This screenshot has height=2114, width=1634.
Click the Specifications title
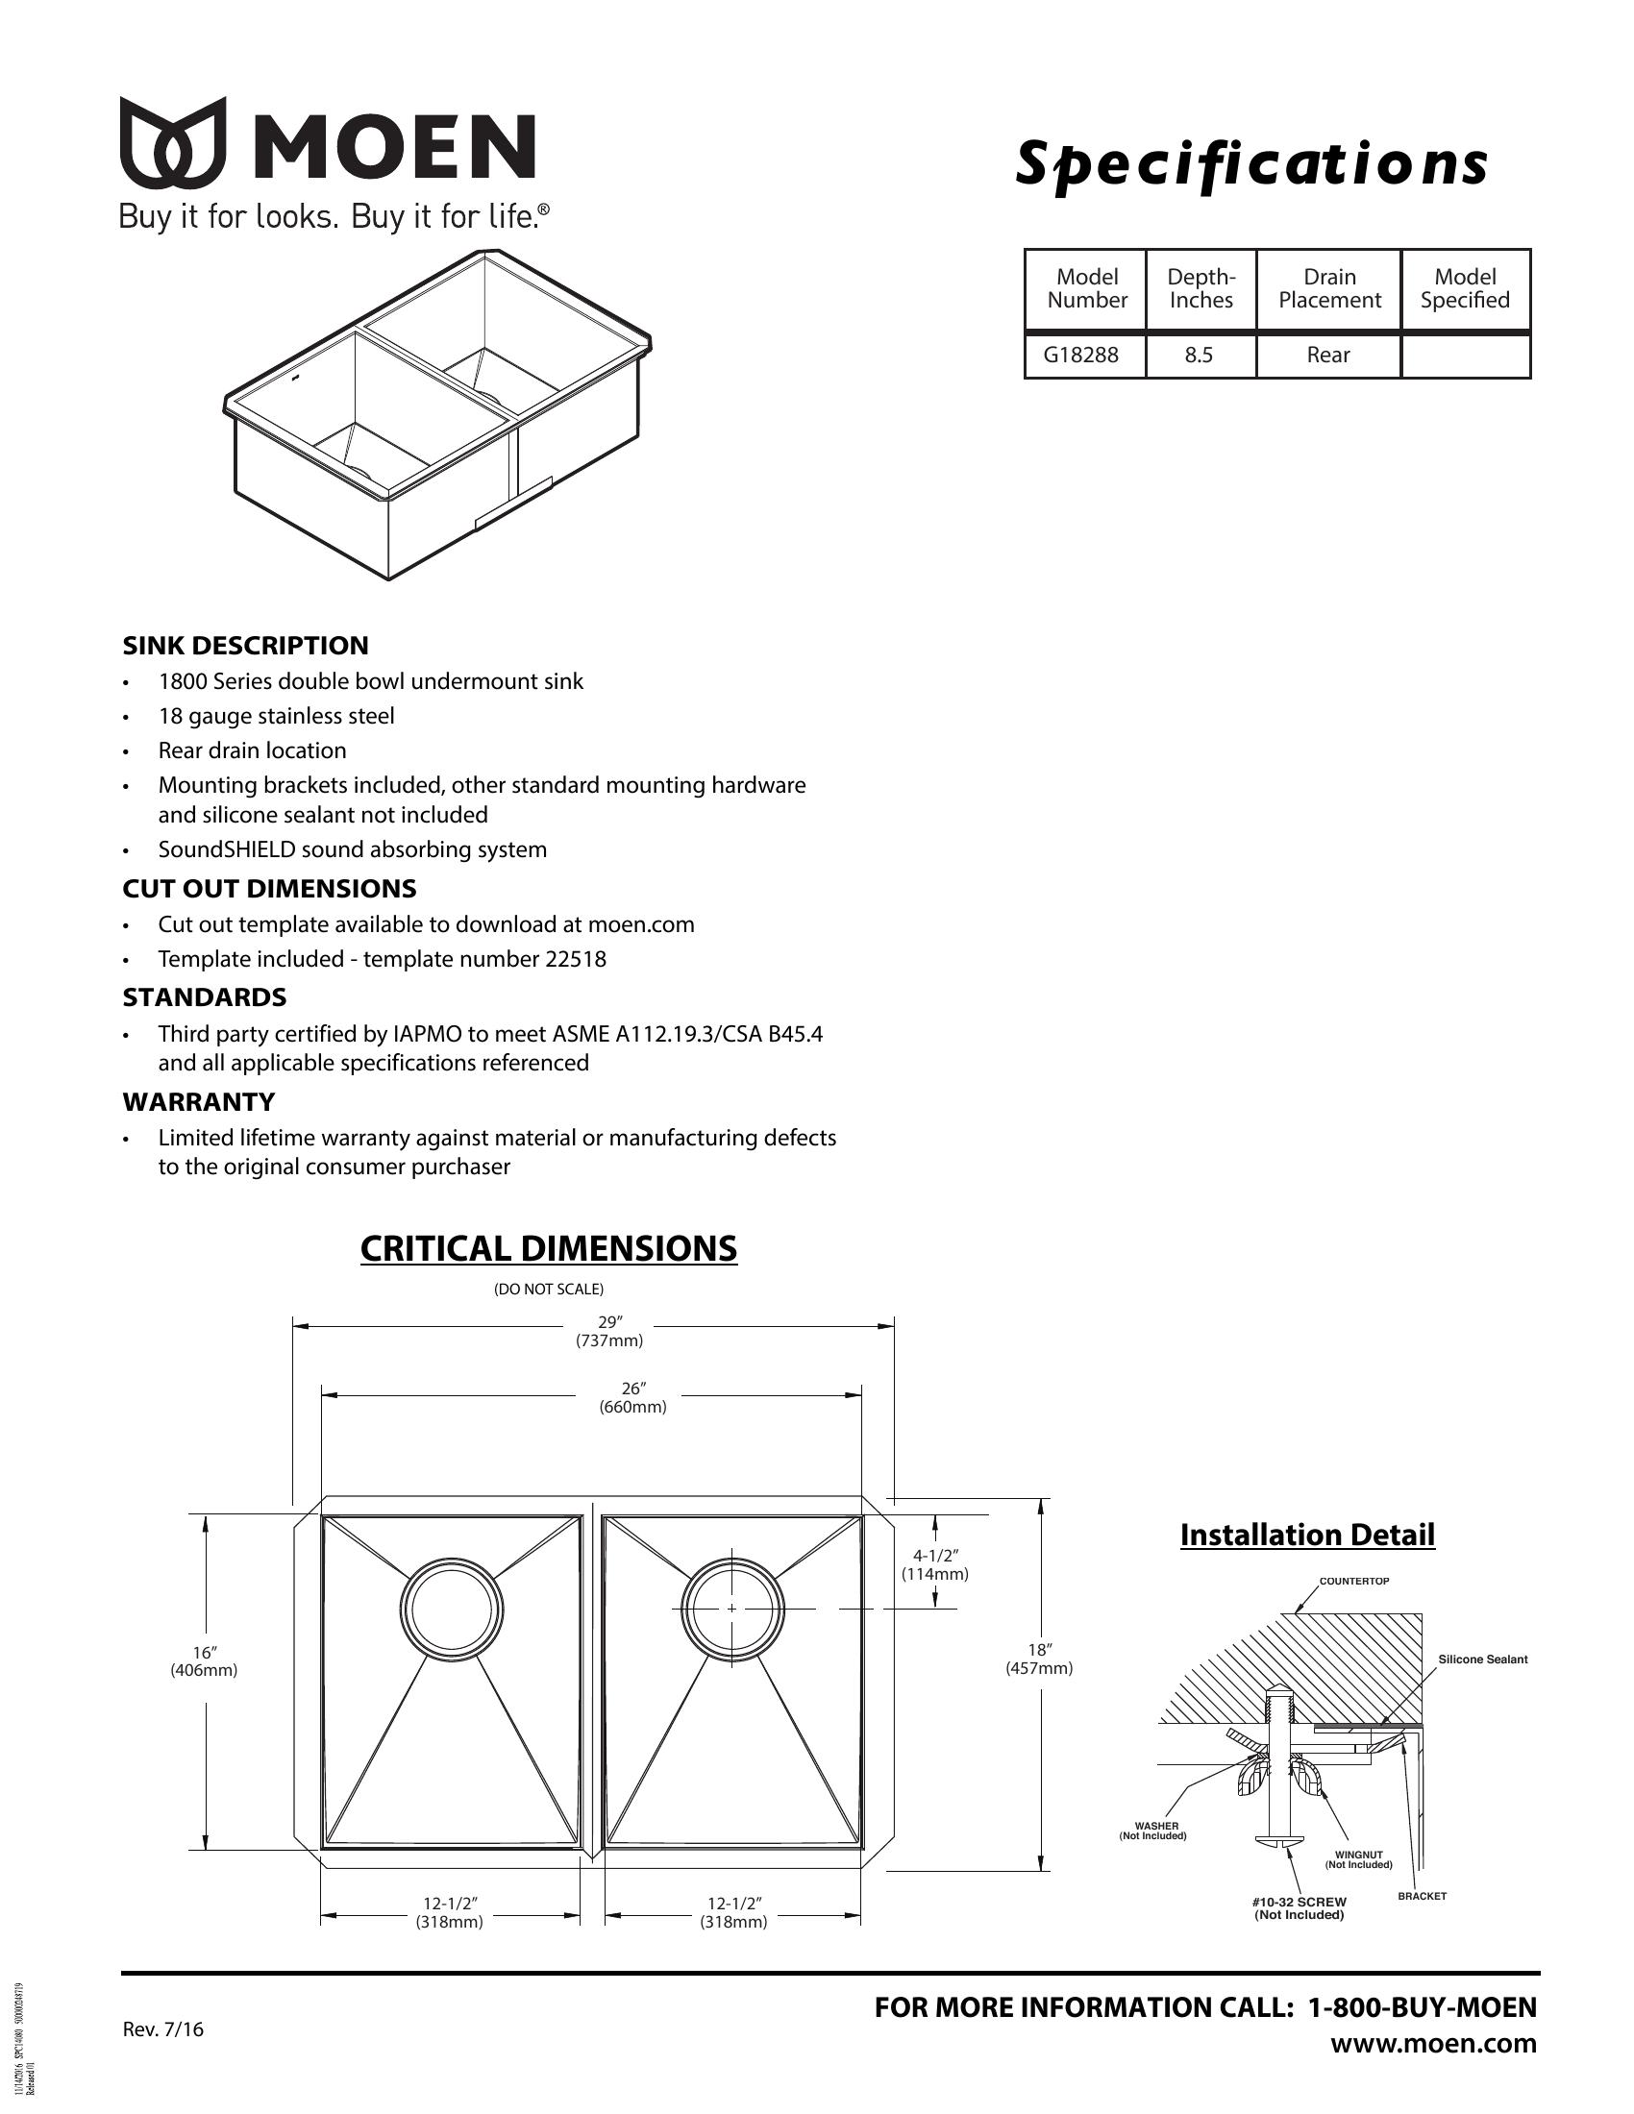click(1250, 163)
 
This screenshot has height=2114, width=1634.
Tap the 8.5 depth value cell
click(1199, 356)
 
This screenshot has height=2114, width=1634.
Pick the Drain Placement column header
click(1329, 288)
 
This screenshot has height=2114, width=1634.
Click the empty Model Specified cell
click(1465, 356)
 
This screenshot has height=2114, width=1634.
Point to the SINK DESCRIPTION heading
click(245, 646)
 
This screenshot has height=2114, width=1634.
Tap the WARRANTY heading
click(198, 1101)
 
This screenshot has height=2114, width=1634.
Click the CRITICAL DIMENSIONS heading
click(548, 1248)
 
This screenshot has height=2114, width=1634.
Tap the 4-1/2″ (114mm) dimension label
click(934, 1565)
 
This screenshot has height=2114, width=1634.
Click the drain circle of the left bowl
click(451, 1609)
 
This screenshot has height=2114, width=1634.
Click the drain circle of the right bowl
click(731, 1609)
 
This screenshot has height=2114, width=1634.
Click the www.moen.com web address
click(1433, 2043)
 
